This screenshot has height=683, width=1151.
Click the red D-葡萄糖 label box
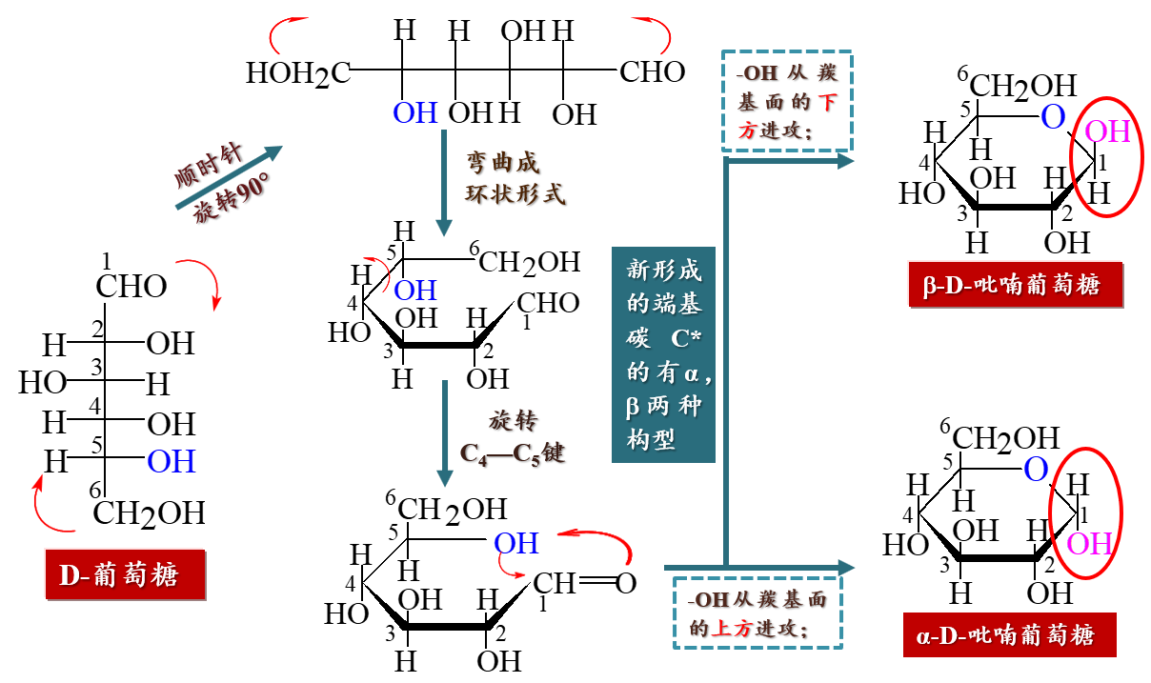(125, 574)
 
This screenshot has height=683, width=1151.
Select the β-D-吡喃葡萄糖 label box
(1016, 284)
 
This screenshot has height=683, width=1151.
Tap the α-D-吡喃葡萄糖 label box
(1009, 634)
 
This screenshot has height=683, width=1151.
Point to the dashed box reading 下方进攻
(787, 101)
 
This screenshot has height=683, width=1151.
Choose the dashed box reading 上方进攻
(758, 613)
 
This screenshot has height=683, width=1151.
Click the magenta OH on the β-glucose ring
(1107, 131)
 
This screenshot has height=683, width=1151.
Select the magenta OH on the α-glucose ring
(1089, 544)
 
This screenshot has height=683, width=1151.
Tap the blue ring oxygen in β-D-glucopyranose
(1052, 117)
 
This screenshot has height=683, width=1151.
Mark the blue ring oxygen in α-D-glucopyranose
(1036, 469)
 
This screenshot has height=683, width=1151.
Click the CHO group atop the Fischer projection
(131, 286)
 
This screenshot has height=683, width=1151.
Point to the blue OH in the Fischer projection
(172, 462)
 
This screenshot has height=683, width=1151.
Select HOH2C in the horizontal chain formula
(298, 72)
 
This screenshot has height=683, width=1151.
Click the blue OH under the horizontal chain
(415, 113)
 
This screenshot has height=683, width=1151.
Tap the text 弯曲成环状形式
(515, 177)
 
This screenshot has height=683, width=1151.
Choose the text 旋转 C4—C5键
(513, 436)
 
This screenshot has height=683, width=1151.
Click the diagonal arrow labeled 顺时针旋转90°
(229, 177)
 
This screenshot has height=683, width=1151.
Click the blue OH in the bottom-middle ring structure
(516, 543)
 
